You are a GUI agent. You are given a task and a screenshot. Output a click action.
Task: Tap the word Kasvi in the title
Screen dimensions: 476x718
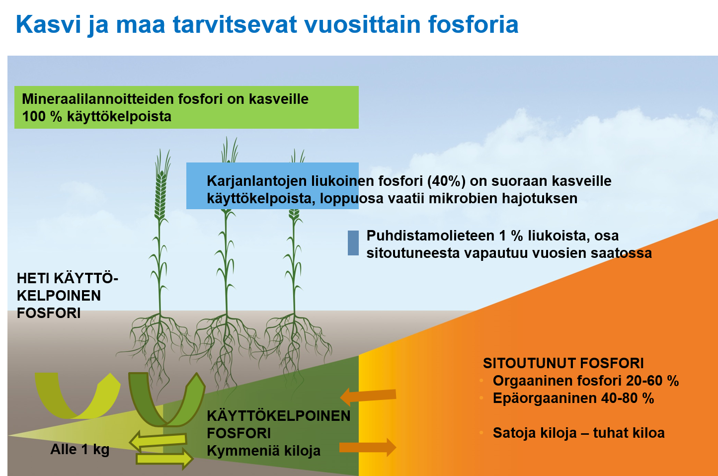point(48,25)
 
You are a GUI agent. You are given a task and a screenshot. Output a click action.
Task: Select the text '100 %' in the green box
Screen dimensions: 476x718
point(42,117)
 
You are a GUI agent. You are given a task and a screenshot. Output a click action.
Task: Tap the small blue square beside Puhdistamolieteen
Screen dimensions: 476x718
point(353,243)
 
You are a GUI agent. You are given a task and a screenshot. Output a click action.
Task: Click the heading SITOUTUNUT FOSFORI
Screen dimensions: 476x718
point(563,363)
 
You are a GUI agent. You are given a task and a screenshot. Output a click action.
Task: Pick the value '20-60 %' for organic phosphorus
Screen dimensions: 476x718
point(652,381)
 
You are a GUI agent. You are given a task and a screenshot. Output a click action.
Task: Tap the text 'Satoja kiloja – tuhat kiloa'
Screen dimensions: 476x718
point(578,433)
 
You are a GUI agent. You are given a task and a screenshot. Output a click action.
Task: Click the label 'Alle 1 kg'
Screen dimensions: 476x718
point(80,450)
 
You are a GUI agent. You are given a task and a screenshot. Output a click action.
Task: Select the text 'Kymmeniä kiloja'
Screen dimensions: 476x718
point(263,451)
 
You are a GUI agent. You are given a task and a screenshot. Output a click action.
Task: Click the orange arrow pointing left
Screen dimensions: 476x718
point(368,396)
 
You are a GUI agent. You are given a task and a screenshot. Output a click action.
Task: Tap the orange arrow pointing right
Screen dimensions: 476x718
point(368,447)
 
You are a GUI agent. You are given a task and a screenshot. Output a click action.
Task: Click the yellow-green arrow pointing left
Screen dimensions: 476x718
point(158,440)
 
